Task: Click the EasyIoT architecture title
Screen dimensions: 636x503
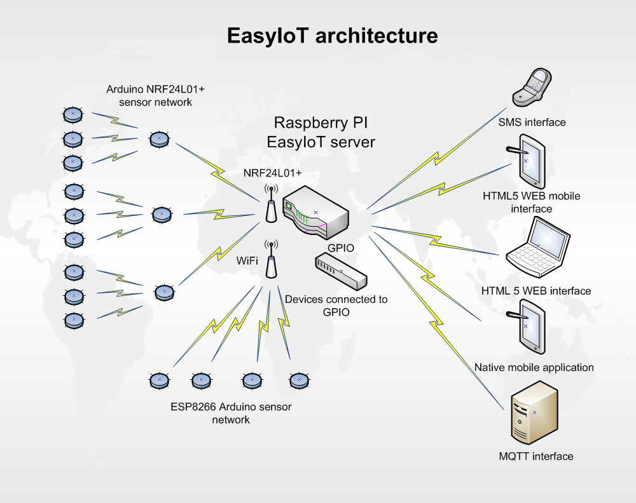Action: click(332, 36)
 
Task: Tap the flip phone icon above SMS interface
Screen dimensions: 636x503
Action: click(532, 88)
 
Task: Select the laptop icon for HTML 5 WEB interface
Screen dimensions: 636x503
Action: click(538, 247)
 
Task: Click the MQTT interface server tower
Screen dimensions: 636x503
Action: click(535, 412)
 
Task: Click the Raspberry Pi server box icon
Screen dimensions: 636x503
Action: click(315, 212)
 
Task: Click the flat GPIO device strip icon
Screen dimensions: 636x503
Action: click(341, 271)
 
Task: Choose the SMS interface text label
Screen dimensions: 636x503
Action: click(532, 123)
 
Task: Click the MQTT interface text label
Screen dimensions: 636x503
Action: click(536, 457)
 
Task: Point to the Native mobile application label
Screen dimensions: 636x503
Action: click(534, 367)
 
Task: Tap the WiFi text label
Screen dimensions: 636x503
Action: click(247, 261)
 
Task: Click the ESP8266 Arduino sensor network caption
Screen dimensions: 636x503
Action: click(231, 413)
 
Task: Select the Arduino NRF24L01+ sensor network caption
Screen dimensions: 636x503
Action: click(155, 95)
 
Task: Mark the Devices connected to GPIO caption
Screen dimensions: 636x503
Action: click(336, 305)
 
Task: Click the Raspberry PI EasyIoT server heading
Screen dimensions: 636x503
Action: click(321, 133)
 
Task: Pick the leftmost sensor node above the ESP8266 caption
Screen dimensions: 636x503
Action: click(160, 380)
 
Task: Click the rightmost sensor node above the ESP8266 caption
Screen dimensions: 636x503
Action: click(300, 380)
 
